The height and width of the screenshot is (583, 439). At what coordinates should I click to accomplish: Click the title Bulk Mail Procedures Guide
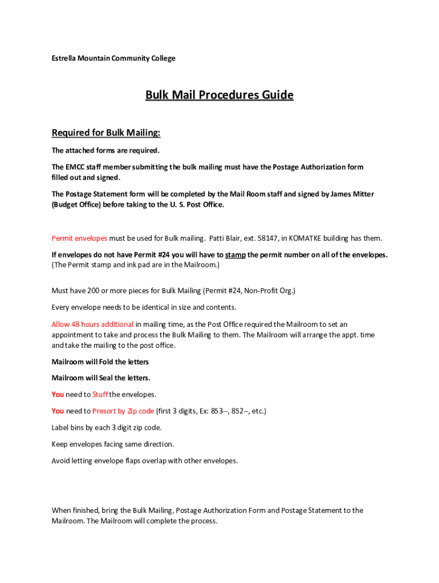tap(219, 95)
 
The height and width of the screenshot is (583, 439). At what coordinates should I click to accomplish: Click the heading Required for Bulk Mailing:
tap(106, 133)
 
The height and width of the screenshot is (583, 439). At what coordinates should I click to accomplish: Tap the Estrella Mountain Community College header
tap(113, 58)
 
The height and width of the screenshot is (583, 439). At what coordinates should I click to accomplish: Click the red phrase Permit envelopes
tap(79, 238)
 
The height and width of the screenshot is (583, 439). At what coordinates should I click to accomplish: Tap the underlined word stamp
tap(235, 254)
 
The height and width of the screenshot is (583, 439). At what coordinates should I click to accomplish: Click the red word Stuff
tap(100, 395)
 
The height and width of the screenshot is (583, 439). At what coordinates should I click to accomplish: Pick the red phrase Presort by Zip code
tap(123, 411)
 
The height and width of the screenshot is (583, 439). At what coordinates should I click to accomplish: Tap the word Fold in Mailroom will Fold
tap(106, 362)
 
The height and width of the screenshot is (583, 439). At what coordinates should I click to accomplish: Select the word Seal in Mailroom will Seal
tap(106, 378)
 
